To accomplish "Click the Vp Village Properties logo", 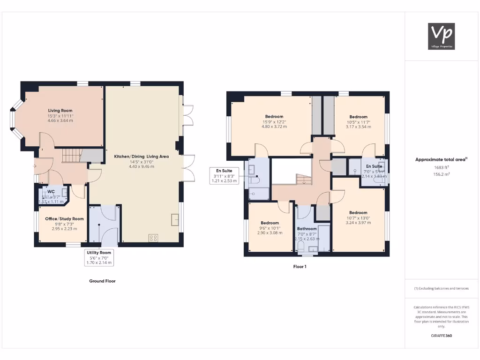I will (x=442, y=36).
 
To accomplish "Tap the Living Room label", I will (x=60, y=110).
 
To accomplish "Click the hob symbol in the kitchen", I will (x=153, y=238).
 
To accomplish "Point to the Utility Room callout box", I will (x=98, y=257).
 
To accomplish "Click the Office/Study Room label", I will (x=64, y=219).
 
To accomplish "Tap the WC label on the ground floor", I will (x=51, y=191).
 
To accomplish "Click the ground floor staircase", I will (x=72, y=155).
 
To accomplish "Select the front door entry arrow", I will (x=35, y=165).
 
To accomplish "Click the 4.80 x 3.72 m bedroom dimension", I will (x=274, y=127).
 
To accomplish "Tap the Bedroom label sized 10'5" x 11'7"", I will (x=358, y=117).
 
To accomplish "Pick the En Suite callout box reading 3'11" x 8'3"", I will (x=225, y=175).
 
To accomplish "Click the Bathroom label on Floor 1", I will (x=307, y=229).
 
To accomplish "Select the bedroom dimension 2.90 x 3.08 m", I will (x=270, y=232).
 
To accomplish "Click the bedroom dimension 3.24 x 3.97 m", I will (x=358, y=223).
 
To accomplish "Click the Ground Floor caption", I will (x=102, y=281).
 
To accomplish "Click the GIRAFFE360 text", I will (x=441, y=336).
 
